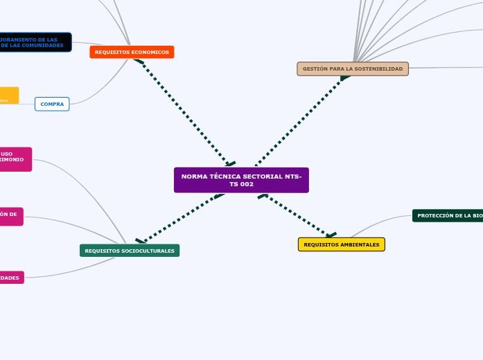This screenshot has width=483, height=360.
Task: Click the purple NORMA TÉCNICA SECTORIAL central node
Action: click(241, 180)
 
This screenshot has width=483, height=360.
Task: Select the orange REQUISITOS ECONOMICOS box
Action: click(132, 52)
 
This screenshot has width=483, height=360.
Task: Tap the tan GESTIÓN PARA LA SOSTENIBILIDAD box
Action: click(353, 69)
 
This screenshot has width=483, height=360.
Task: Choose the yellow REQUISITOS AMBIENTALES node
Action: click(341, 244)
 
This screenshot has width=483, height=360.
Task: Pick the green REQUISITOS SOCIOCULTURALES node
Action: click(130, 251)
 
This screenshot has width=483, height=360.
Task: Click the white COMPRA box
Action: click(52, 104)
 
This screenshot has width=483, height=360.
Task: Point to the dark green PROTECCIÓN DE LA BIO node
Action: click(448, 215)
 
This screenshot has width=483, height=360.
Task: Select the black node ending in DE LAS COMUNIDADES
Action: click(35, 42)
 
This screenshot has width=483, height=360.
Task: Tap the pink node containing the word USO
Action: click(15, 159)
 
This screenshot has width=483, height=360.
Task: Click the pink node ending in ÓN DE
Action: click(10, 216)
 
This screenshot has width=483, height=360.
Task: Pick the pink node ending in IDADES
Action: click(11, 278)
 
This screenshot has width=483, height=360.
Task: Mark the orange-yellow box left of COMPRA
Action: click(8, 96)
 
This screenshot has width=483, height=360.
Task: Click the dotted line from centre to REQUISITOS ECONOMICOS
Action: click(184, 111)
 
